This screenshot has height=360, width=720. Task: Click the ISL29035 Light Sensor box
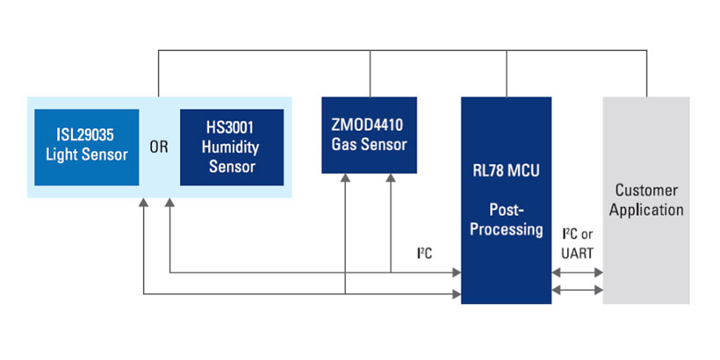coord(86,147)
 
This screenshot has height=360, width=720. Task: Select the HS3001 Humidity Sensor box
coord(232,147)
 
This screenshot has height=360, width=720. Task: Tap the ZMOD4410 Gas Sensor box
coord(370,134)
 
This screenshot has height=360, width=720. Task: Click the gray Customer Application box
coord(648,200)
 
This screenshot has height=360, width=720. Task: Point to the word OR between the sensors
coord(159,148)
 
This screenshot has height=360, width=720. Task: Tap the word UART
coord(577,252)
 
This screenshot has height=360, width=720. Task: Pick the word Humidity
coord(232,148)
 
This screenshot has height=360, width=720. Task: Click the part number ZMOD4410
coord(370,126)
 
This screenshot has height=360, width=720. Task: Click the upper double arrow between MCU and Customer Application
coord(577,273)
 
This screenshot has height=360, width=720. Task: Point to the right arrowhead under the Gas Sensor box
coord(390,179)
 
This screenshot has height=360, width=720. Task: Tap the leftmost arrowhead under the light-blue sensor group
coord(143,204)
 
